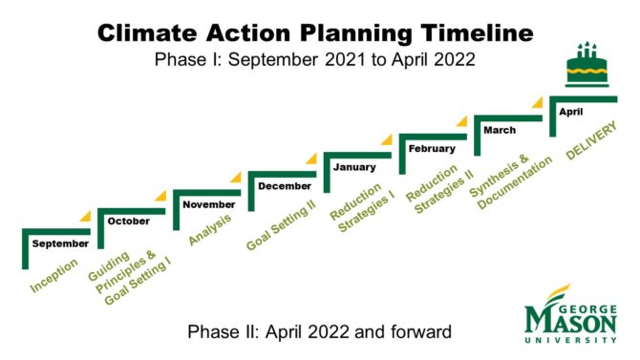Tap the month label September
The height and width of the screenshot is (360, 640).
click(60, 244)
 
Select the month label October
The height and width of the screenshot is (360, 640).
click(128, 222)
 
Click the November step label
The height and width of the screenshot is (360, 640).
click(208, 204)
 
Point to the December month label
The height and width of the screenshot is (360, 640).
click(284, 185)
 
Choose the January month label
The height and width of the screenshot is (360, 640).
click(354, 167)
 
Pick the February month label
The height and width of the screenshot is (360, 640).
click(431, 149)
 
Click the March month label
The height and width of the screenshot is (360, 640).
click(500, 130)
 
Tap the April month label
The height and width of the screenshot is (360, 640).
click(570, 112)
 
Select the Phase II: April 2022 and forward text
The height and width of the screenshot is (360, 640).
click(319, 331)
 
